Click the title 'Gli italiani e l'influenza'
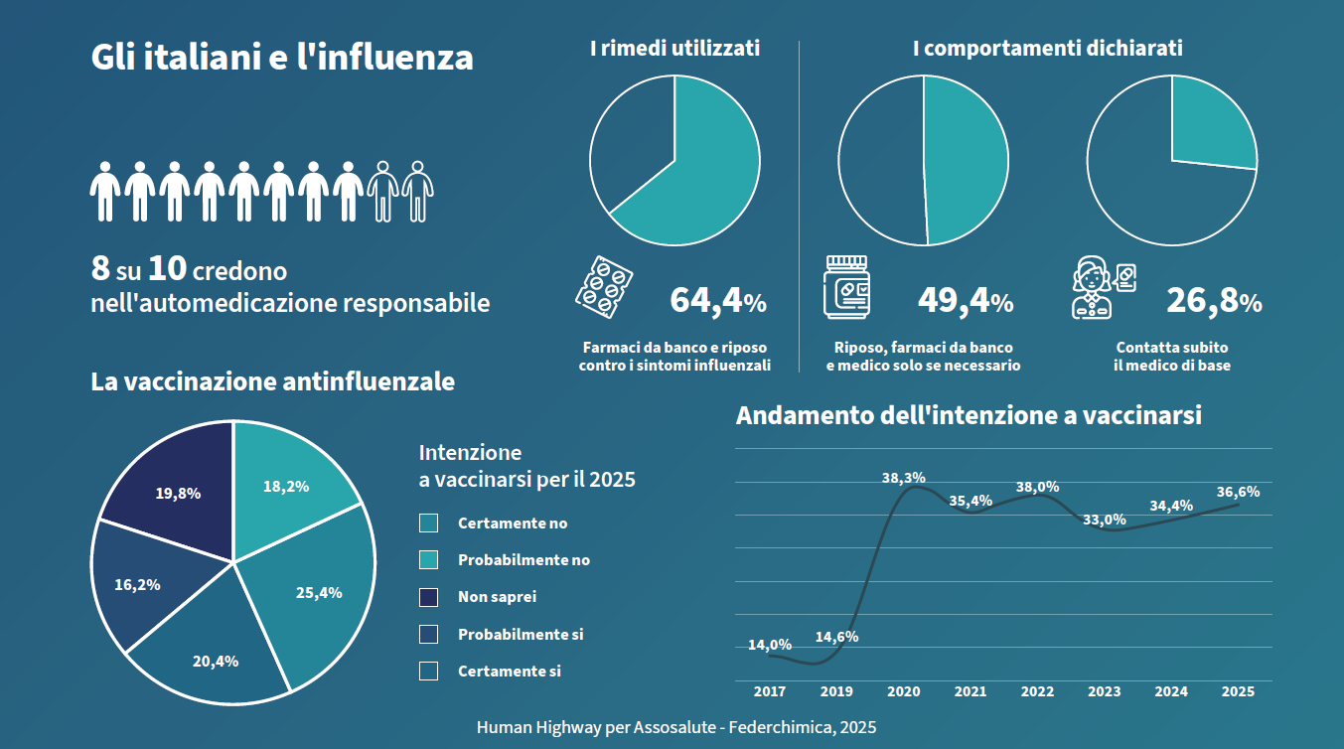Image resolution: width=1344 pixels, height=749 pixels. point(282,57)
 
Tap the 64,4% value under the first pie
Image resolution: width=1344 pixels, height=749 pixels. point(717,300)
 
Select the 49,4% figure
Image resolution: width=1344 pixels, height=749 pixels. point(965,300)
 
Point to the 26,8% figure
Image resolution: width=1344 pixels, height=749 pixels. point(1213,300)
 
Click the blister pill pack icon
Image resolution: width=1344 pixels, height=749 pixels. point(604,286)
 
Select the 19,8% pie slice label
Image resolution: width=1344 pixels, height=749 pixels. point(178,493)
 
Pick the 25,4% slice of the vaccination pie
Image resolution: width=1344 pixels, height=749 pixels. point(319,593)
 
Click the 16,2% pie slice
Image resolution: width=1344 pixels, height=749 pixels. point(137,584)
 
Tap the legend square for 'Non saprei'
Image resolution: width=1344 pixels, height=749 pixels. point(429,597)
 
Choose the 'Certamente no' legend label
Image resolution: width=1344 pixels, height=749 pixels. point(513,524)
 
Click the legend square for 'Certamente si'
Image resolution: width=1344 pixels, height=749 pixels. point(429,672)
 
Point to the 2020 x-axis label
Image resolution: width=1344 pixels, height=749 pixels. point(903,691)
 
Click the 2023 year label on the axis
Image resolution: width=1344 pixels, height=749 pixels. point(1104,691)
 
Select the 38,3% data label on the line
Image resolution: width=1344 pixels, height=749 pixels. point(903,478)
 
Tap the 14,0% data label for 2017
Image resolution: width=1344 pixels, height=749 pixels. point(769,645)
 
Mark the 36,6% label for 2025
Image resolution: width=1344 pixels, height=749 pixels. point(1238,492)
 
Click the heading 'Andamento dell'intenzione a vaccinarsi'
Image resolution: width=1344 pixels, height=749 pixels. point(969,415)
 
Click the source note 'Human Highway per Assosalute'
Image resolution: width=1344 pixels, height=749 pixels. point(676,727)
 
